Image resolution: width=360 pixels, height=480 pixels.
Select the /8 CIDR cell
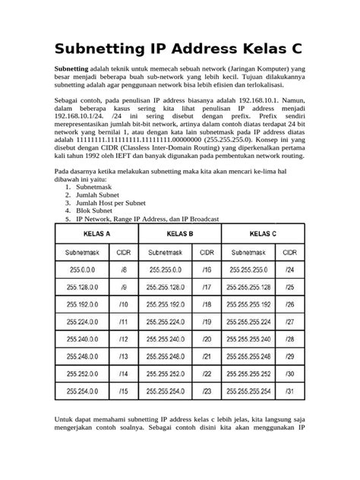click(x=123, y=269)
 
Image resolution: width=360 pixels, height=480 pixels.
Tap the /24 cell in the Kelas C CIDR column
click(x=289, y=269)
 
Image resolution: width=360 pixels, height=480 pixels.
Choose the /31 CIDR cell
click(x=289, y=392)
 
